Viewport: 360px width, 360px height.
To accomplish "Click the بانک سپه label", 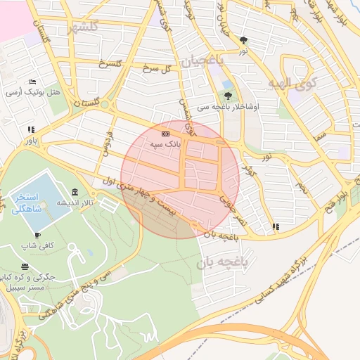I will [x=164, y=143].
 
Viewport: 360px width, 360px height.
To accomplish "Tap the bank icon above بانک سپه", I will [x=165, y=133].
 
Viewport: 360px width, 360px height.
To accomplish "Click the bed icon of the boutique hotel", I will [x=32, y=83].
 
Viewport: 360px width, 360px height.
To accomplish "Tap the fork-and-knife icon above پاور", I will [x=30, y=130].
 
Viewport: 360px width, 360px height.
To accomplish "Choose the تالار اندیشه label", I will [x=75, y=202].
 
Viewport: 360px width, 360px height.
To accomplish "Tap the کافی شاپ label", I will [x=37, y=246].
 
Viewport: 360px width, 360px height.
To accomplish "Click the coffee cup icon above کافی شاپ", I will [x=37, y=236].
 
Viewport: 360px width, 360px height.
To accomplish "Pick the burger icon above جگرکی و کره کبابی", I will [x=26, y=266].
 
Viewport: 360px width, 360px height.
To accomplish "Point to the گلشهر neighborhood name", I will [x=84, y=28].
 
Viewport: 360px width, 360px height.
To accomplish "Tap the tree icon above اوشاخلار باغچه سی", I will [x=227, y=96].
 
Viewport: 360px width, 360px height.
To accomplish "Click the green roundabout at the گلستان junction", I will [x=105, y=105].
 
